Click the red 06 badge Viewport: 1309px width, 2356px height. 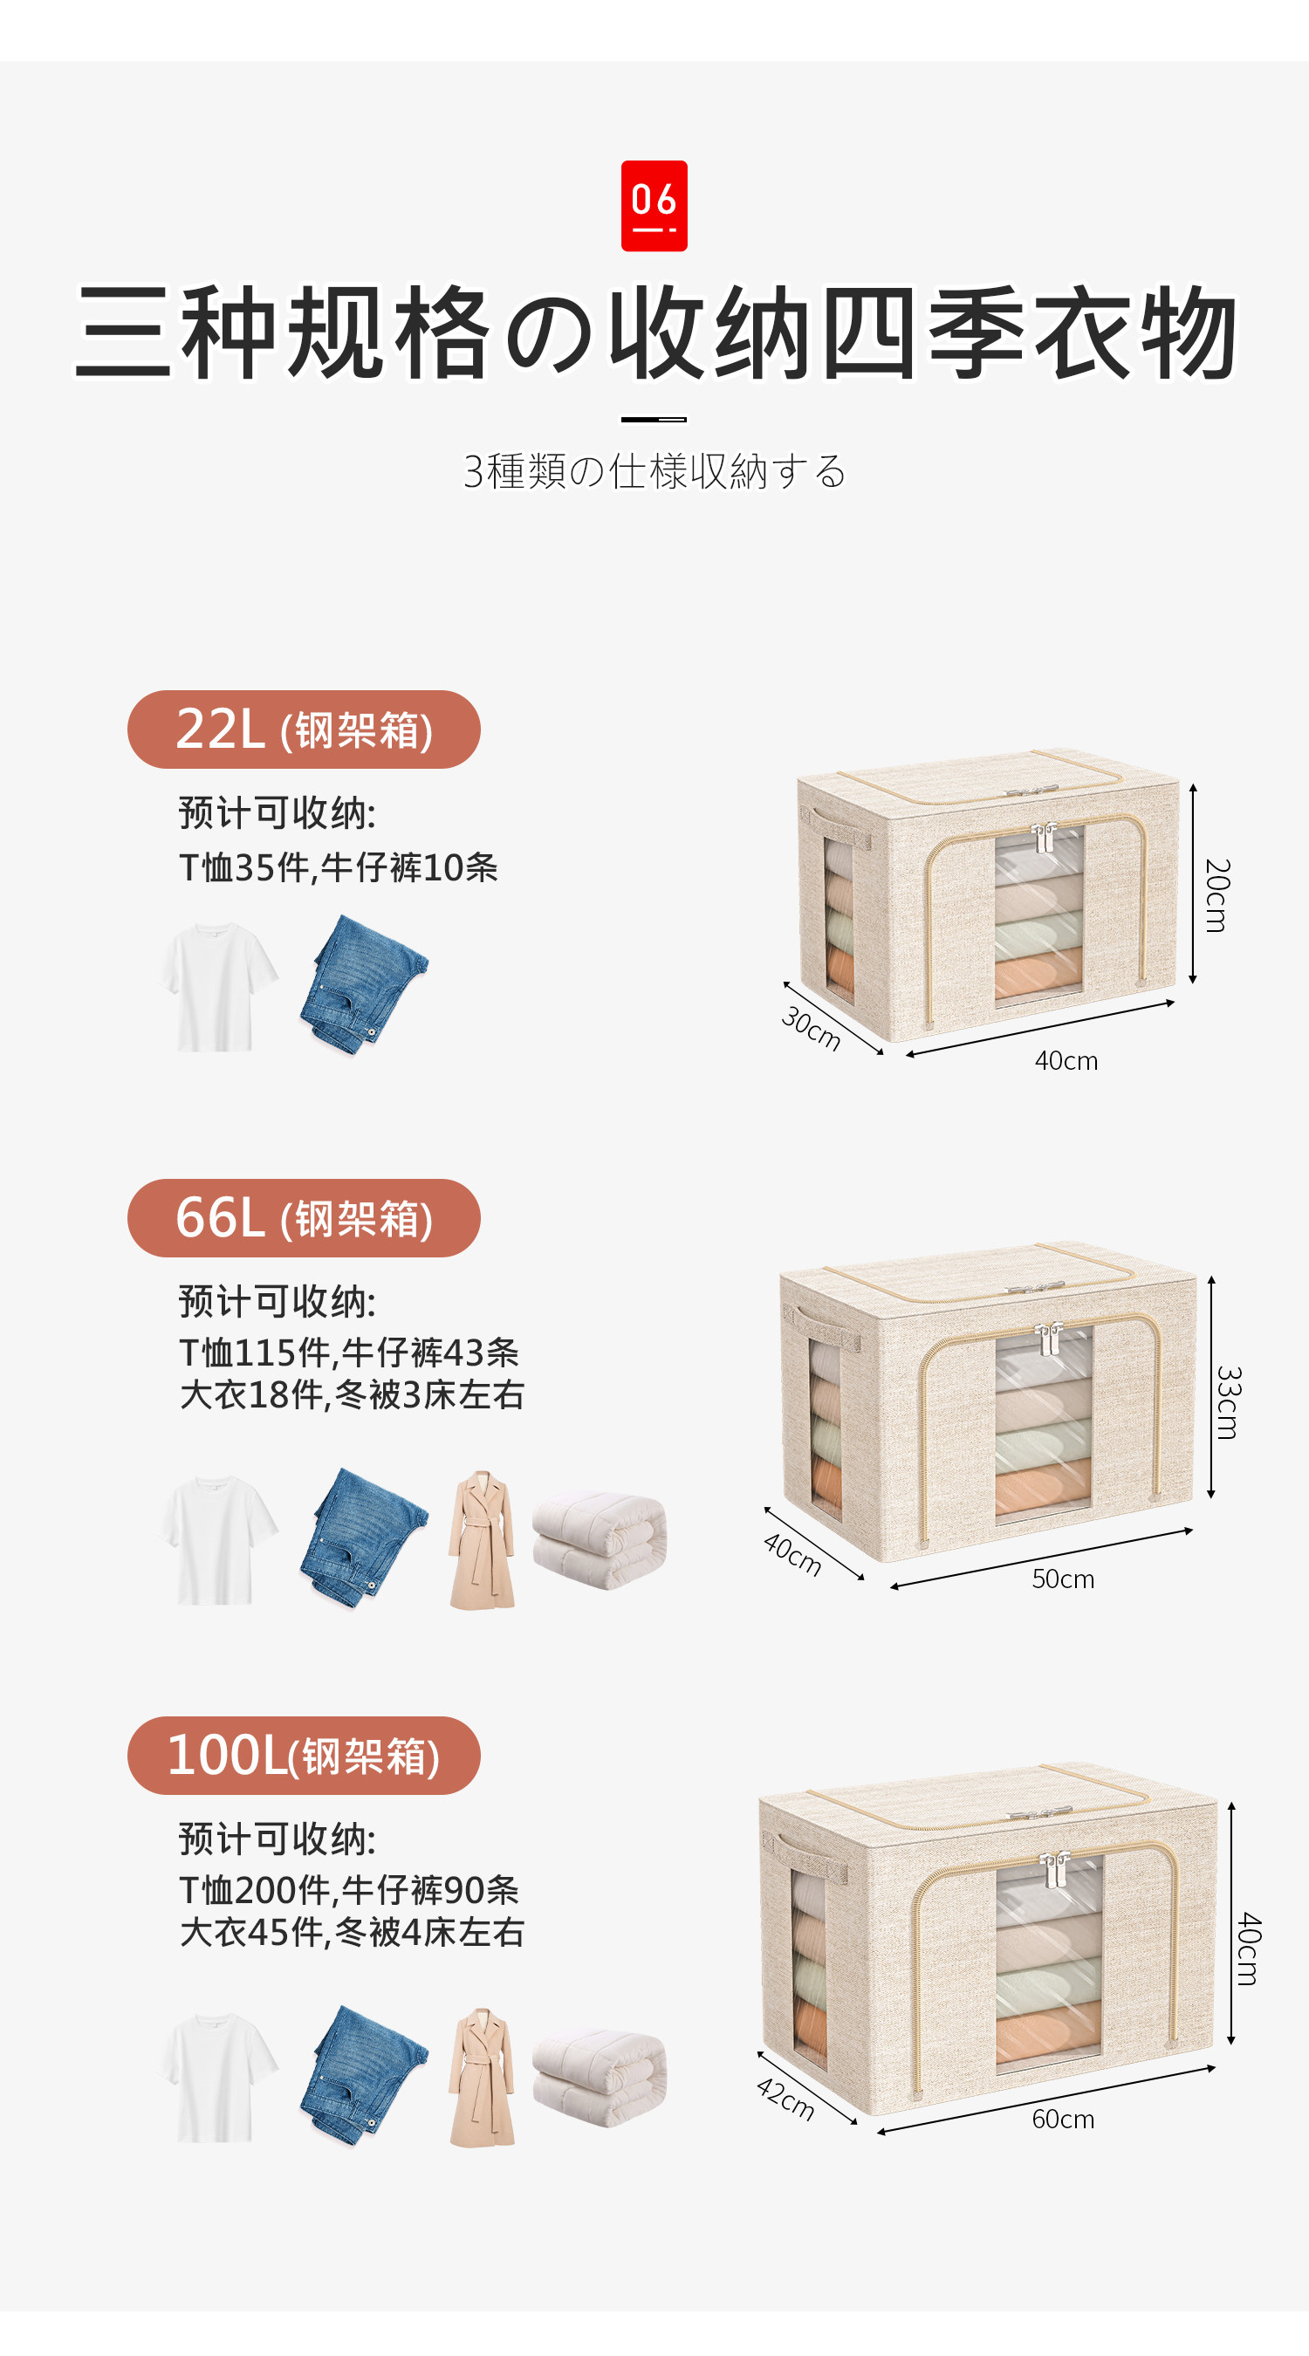pyautogui.click(x=654, y=206)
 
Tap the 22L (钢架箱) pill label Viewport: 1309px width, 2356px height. pyautogui.click(x=304, y=729)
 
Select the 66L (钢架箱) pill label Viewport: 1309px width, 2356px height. pyautogui.click(x=304, y=1217)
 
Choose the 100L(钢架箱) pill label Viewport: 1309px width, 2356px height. pyautogui.click(x=304, y=1755)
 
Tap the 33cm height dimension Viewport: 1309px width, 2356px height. pyautogui.click(x=1228, y=1402)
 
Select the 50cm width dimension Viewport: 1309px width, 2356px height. pyautogui.click(x=1063, y=1579)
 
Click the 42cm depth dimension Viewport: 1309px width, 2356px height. pyautogui.click(x=785, y=2098)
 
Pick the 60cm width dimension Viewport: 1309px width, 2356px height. pyautogui.click(x=1063, y=2118)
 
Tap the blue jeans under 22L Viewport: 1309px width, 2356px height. pyautogui.click(x=363, y=985)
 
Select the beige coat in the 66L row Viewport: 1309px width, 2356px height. pyautogui.click(x=482, y=1540)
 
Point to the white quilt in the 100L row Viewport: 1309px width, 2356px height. pyautogui.click(x=600, y=2076)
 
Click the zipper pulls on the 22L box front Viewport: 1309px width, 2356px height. pyautogui.click(x=1044, y=838)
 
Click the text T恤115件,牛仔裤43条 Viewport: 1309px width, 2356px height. pyautogui.click(x=349, y=1352)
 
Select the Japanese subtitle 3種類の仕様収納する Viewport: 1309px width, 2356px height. pyautogui.click(x=654, y=471)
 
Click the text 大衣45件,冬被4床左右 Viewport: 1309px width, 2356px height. pyautogui.click(x=353, y=1932)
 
